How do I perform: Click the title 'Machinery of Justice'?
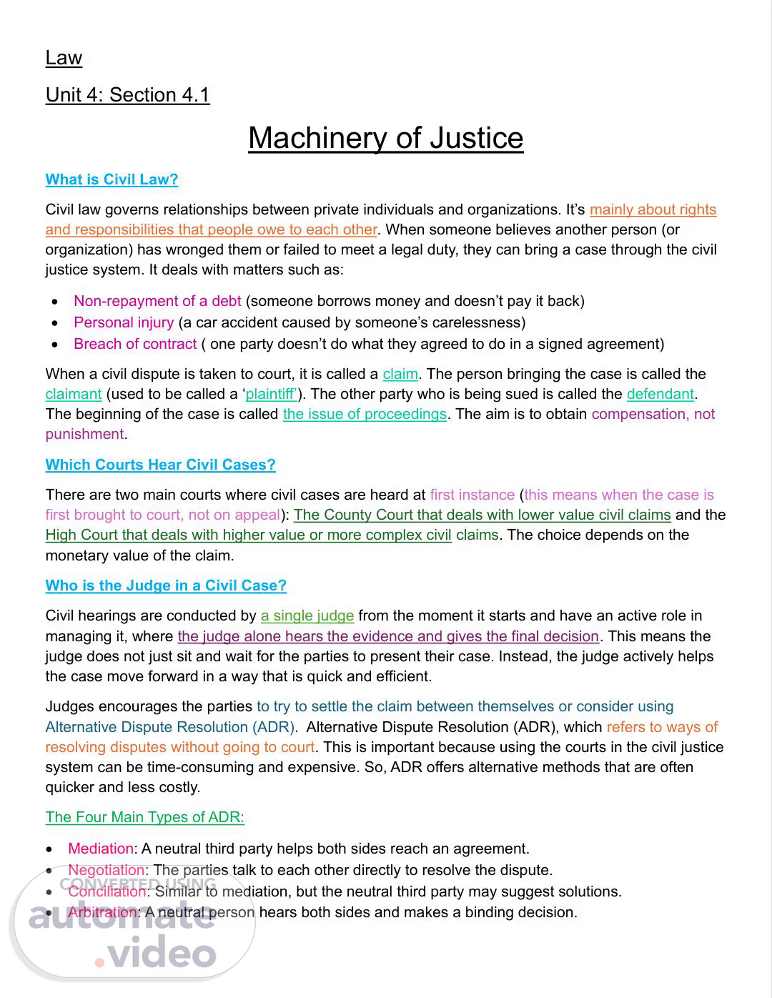385,138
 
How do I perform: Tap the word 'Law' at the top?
64,58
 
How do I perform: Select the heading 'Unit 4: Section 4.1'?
127,95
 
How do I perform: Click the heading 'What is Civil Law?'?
112,179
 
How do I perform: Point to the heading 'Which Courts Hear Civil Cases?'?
160,465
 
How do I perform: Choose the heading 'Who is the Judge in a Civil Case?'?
166,586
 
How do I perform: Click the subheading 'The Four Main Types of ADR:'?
144,817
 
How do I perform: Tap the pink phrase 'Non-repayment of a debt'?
157,301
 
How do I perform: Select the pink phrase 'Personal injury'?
124,322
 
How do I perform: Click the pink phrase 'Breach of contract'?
135,344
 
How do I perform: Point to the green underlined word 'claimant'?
74,394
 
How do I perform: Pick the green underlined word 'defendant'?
660,394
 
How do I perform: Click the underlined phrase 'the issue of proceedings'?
365,414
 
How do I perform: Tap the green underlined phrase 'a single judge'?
307,616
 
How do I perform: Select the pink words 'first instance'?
472,495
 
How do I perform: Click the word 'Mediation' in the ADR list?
101,849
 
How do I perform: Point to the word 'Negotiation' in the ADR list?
106,870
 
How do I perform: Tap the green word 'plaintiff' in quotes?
271,394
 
